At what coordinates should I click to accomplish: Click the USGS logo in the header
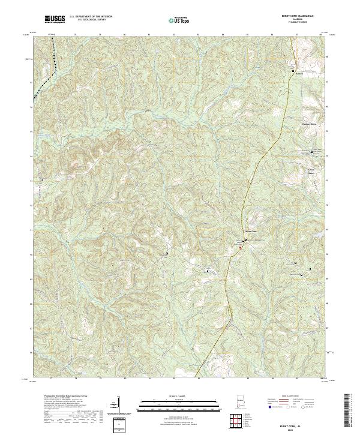click(55, 19)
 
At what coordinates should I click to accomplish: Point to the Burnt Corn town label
click(251, 232)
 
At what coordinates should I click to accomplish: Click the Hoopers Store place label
click(308, 124)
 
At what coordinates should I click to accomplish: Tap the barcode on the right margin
click(349, 411)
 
